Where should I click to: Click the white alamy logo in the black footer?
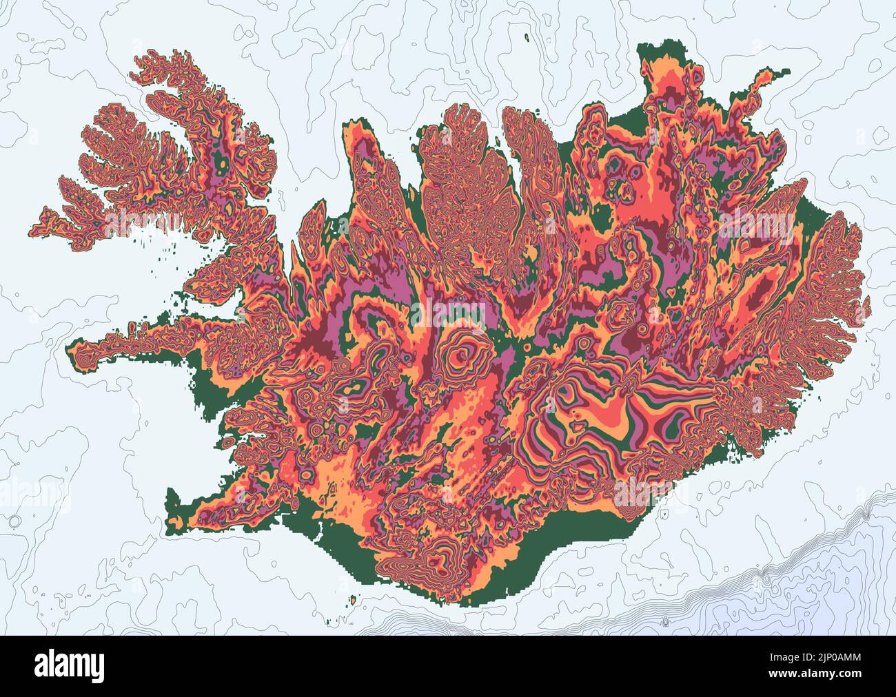coord(69,665)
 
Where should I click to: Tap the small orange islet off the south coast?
coord(353,601)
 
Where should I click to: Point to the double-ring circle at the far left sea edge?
coord(13,521)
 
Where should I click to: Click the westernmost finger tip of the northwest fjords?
coord(34,227)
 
